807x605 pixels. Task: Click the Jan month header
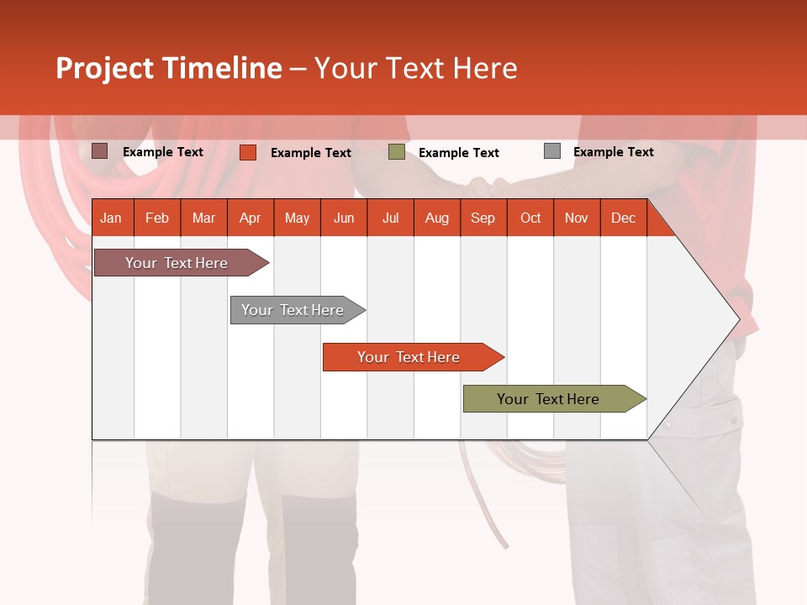[x=111, y=218]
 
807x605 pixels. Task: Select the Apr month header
[x=251, y=218]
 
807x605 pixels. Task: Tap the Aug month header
[x=437, y=218]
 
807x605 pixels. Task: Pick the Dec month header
[x=623, y=218]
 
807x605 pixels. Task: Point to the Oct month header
[x=530, y=218]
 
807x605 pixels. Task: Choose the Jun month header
[x=344, y=218]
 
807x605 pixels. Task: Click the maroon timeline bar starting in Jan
[x=177, y=263]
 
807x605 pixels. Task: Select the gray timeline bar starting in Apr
[x=293, y=310]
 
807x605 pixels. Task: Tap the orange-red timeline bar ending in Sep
[x=409, y=357]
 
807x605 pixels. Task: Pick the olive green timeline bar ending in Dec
[x=548, y=399]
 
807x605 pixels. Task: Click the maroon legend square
[x=99, y=151]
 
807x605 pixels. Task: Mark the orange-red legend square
[x=247, y=152]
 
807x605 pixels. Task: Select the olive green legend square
[x=397, y=152]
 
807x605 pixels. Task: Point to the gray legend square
[x=551, y=151]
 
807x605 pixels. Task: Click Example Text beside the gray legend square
[x=613, y=152]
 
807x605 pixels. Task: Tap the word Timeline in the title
[x=221, y=68]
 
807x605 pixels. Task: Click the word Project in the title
[x=105, y=68]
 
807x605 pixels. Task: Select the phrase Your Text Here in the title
[x=415, y=68]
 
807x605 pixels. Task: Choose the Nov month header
[x=577, y=218]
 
